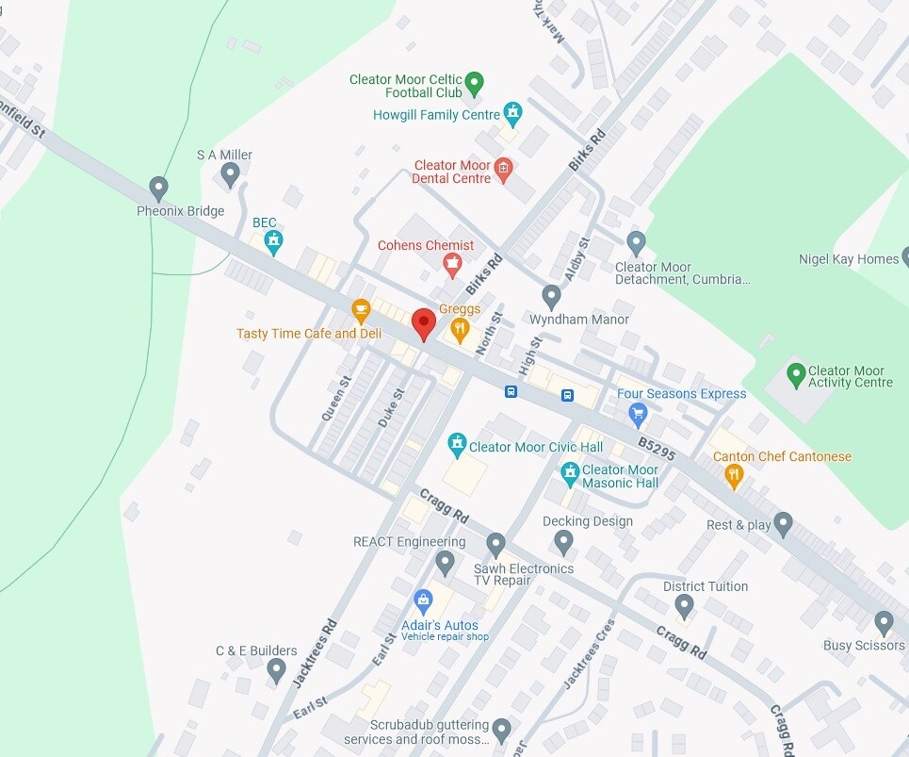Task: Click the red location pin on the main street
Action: [424, 323]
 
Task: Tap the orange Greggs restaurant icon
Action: [460, 328]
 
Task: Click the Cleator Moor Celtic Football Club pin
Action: [475, 84]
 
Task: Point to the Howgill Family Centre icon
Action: [512, 114]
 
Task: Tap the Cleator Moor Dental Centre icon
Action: [503, 170]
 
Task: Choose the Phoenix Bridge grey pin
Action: [159, 188]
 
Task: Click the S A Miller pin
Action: [230, 173]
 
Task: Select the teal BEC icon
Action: [273, 241]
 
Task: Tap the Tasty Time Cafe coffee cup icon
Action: [361, 309]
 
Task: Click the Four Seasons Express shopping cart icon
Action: [638, 413]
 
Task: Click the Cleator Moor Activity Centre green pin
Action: [796, 374]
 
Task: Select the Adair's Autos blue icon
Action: [423, 600]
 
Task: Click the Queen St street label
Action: [335, 399]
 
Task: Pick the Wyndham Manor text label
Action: [578, 320]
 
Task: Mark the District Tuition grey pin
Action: [685, 605]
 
